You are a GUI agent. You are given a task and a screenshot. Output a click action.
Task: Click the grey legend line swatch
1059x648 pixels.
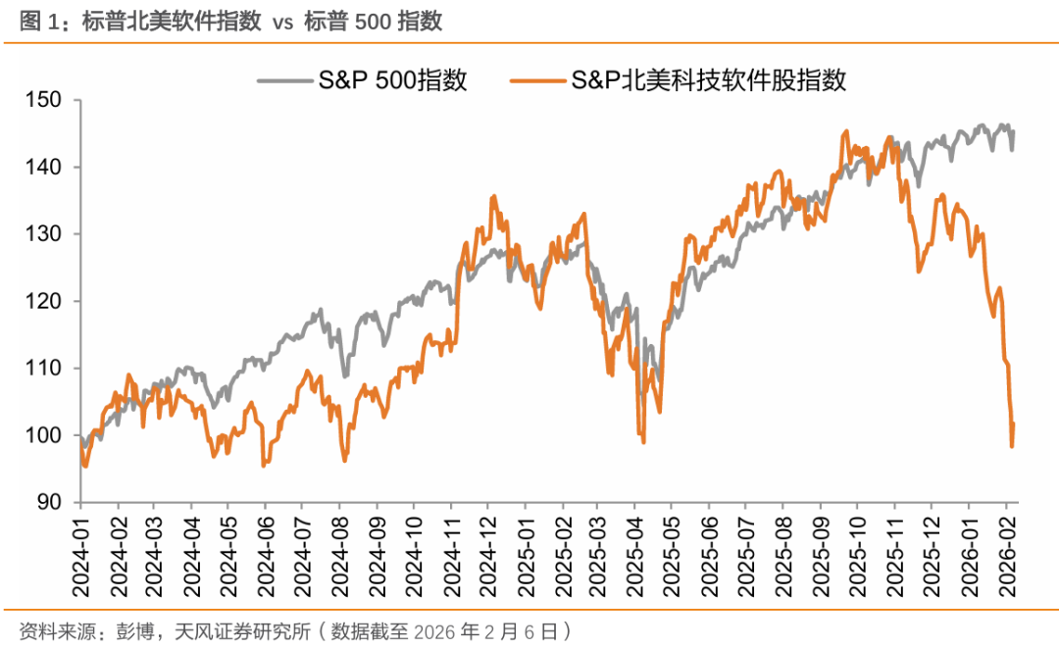pos(283,80)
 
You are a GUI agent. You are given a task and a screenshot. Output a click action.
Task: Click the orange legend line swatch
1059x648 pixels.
pos(538,80)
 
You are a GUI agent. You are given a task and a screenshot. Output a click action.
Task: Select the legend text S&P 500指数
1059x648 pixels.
pos(391,80)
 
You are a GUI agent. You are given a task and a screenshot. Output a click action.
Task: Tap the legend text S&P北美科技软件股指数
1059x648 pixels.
pos(709,80)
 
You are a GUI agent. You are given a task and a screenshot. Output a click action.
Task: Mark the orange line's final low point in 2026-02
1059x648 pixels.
pos(1011,446)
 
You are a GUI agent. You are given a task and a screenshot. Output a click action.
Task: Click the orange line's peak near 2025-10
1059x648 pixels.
pos(845,130)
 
